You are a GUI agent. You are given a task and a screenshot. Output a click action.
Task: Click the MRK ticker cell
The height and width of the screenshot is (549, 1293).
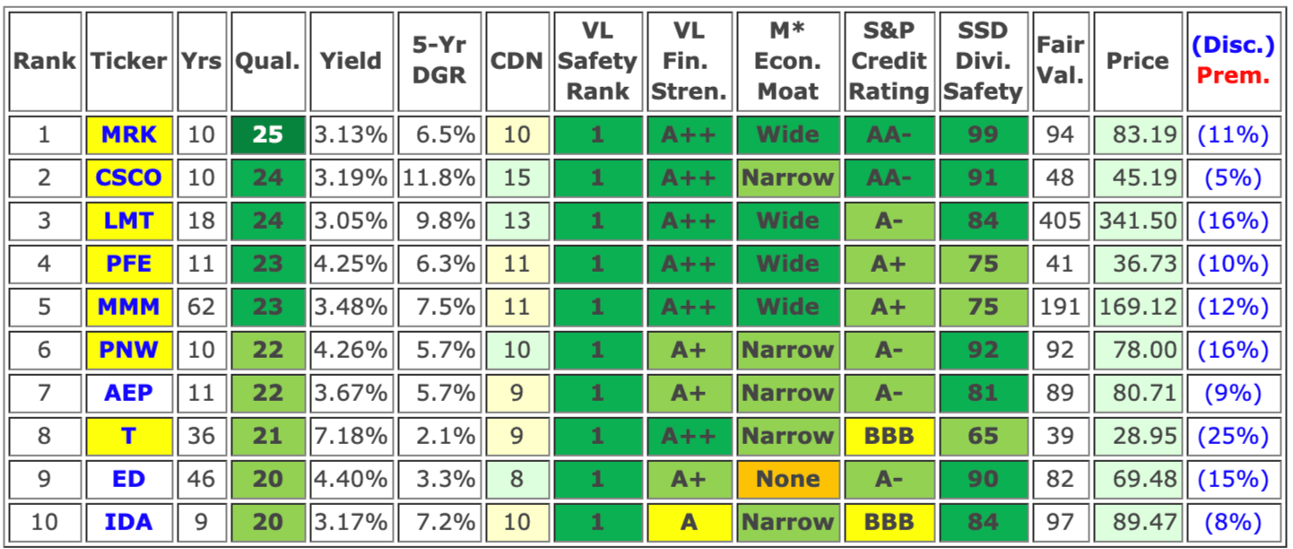[x=129, y=135]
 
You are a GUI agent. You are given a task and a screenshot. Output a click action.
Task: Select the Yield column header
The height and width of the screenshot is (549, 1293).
[x=351, y=61]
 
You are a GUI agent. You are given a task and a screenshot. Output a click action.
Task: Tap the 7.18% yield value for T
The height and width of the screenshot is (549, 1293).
[x=351, y=436]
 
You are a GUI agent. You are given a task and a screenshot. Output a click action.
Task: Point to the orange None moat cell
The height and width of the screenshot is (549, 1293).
[x=787, y=479]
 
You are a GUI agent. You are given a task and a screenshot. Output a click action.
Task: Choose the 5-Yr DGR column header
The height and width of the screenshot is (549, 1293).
[x=439, y=61]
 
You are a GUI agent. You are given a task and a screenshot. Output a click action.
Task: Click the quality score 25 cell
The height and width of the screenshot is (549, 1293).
[x=267, y=135]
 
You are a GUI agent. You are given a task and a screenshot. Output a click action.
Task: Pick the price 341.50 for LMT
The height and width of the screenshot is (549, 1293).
[x=1138, y=221]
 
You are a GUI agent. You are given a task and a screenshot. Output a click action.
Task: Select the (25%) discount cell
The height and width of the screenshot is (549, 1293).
[x=1234, y=436]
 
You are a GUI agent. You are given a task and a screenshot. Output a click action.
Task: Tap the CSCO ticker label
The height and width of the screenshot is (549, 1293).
[x=129, y=178]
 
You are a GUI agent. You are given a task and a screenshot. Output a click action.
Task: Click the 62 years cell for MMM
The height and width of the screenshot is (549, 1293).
[x=201, y=307]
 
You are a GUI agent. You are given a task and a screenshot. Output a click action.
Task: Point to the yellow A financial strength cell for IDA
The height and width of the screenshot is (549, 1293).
[x=689, y=522]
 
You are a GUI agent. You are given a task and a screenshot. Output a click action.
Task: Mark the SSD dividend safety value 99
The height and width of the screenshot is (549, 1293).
[x=983, y=135]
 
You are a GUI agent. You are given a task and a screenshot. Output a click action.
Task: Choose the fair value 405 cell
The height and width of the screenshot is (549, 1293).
[x=1059, y=221]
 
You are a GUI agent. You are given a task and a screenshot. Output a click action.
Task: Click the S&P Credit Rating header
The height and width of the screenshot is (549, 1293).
[x=889, y=61]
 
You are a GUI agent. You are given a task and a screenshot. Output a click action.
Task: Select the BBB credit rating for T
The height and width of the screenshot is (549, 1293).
[x=889, y=436]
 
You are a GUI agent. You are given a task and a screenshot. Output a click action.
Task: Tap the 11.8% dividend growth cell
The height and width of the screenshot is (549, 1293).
[x=439, y=178]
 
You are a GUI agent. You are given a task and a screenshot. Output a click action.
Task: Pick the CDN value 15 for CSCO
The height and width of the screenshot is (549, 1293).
[x=517, y=178]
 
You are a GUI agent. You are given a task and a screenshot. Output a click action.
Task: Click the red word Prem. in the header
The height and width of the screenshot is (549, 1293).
[x=1234, y=75]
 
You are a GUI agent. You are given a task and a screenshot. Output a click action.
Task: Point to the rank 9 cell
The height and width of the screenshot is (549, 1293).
[x=45, y=479]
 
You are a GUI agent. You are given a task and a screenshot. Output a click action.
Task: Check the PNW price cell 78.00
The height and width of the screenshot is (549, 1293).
[x=1138, y=350]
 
